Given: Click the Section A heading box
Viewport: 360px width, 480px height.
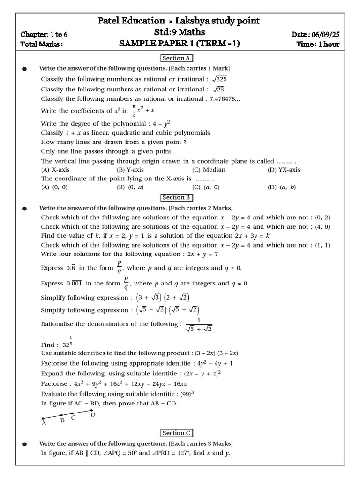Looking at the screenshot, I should click(x=177, y=58).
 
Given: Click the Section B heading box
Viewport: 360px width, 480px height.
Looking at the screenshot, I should click(x=177, y=197).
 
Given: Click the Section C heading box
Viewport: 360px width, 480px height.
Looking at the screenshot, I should click(x=177, y=433).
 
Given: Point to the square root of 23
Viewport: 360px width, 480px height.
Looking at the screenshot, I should click(x=219, y=89).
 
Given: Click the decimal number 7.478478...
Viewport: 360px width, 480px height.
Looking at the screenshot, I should click(x=224, y=98).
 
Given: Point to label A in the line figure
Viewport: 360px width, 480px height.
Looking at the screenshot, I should click(x=44, y=423).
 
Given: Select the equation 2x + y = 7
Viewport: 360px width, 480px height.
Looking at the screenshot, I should click(x=214, y=254).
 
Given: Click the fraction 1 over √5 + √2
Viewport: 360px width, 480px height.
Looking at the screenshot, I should click(x=199, y=324).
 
